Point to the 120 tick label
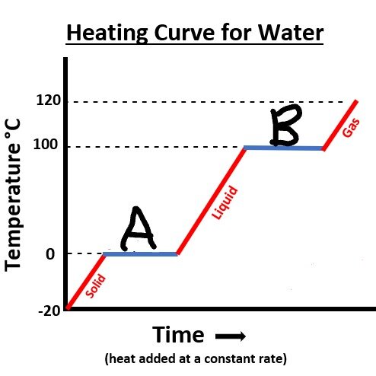tap(49, 100)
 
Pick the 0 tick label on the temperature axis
tap(50, 254)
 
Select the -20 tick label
tap(49, 311)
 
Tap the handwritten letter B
tap(285, 125)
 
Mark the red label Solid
tap(95, 285)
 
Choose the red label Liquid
tap(225, 202)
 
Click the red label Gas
tap(351, 128)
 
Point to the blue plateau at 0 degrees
tap(140, 254)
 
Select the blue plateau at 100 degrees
tap(284, 148)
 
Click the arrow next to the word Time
tap(231, 336)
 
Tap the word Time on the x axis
tap(178, 335)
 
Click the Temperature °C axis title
tap(13, 195)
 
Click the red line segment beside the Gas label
tap(340, 126)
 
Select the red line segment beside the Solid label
tap(86, 282)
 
